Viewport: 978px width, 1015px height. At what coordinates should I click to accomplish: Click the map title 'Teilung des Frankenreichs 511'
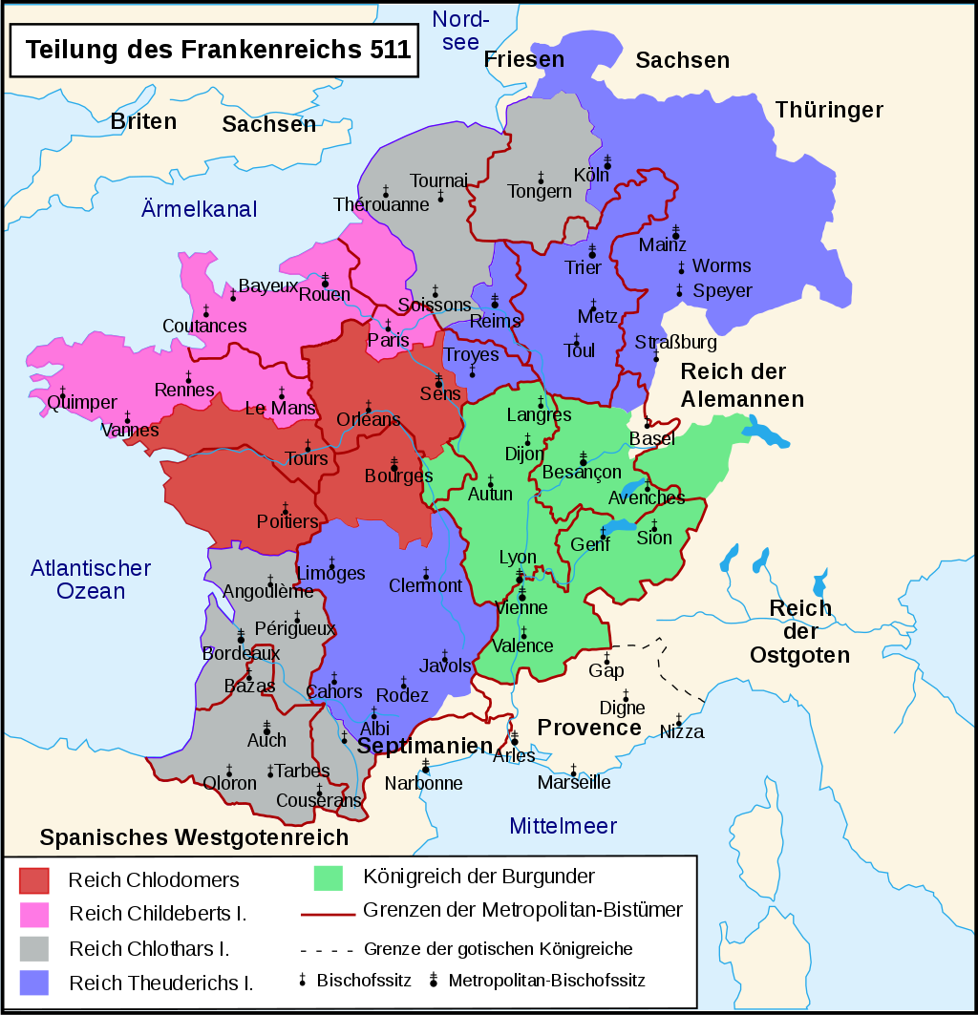[x=218, y=51]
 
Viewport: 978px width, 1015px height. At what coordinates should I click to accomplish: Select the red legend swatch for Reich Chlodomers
[x=33, y=879]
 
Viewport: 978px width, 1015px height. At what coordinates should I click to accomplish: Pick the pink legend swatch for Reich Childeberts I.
[x=33, y=914]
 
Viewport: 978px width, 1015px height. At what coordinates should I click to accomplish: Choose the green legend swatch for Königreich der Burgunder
[x=328, y=877]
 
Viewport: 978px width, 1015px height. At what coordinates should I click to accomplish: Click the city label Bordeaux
[x=241, y=655]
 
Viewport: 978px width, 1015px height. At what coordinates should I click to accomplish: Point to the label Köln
[x=590, y=176]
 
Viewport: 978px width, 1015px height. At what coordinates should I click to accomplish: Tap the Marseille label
[x=574, y=783]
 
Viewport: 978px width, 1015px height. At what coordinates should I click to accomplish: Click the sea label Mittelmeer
[x=563, y=826]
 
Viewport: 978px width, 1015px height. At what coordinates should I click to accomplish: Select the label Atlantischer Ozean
[x=91, y=580]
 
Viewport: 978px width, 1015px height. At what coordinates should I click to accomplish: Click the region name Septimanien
[x=424, y=746]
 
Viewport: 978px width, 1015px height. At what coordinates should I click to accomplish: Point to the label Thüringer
[x=829, y=110]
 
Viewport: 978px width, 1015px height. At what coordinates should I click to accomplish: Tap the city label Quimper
[x=82, y=403]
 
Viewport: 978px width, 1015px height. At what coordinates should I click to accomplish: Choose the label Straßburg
[x=675, y=342]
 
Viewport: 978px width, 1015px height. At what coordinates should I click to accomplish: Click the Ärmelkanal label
[x=200, y=209]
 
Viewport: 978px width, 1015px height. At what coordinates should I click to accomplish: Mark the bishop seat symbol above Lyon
[x=520, y=575]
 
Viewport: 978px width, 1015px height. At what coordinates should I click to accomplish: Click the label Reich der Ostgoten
[x=800, y=631]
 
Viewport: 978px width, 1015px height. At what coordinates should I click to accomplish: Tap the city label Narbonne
[x=423, y=783]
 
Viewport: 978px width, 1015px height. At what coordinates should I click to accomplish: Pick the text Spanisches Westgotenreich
[x=194, y=837]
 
